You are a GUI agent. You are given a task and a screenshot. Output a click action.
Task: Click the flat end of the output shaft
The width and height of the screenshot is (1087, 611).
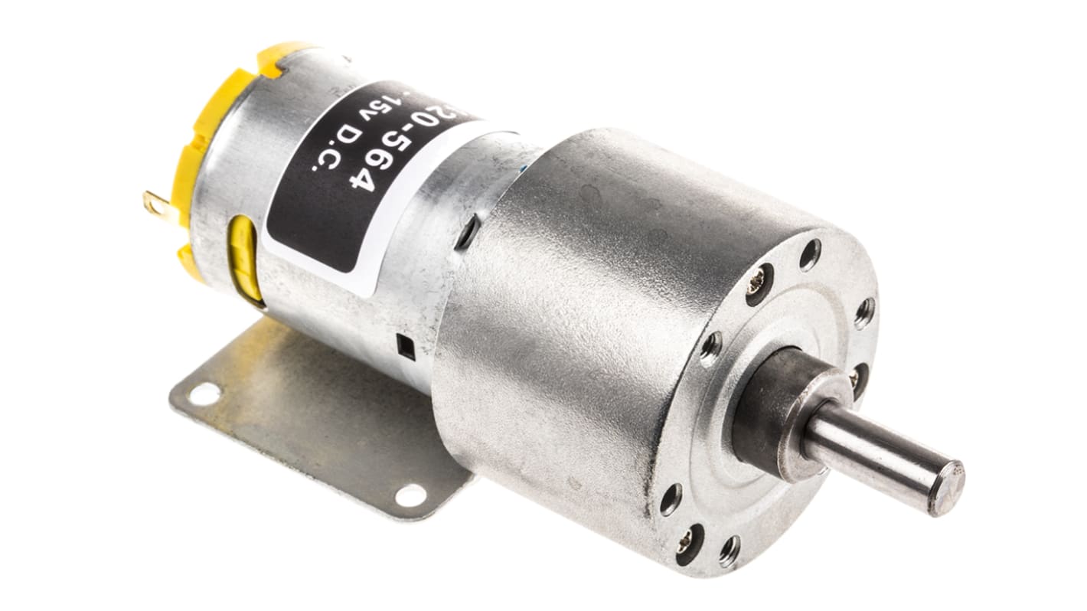coord(946,487)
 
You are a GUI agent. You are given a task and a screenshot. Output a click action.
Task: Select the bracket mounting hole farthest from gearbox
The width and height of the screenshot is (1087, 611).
coord(204,394)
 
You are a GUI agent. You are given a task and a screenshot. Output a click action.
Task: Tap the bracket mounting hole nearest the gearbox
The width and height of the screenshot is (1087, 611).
coord(410,495)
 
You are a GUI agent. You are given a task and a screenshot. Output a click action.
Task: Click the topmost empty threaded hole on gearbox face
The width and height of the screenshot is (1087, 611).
coord(810,254)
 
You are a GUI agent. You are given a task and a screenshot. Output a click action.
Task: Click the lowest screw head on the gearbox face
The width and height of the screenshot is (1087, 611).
coord(687,541)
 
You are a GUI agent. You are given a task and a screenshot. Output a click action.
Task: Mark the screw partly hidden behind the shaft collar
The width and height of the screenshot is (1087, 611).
coord(854,374)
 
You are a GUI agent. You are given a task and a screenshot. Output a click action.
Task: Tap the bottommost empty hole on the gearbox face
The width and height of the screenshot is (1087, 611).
coord(730,551)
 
